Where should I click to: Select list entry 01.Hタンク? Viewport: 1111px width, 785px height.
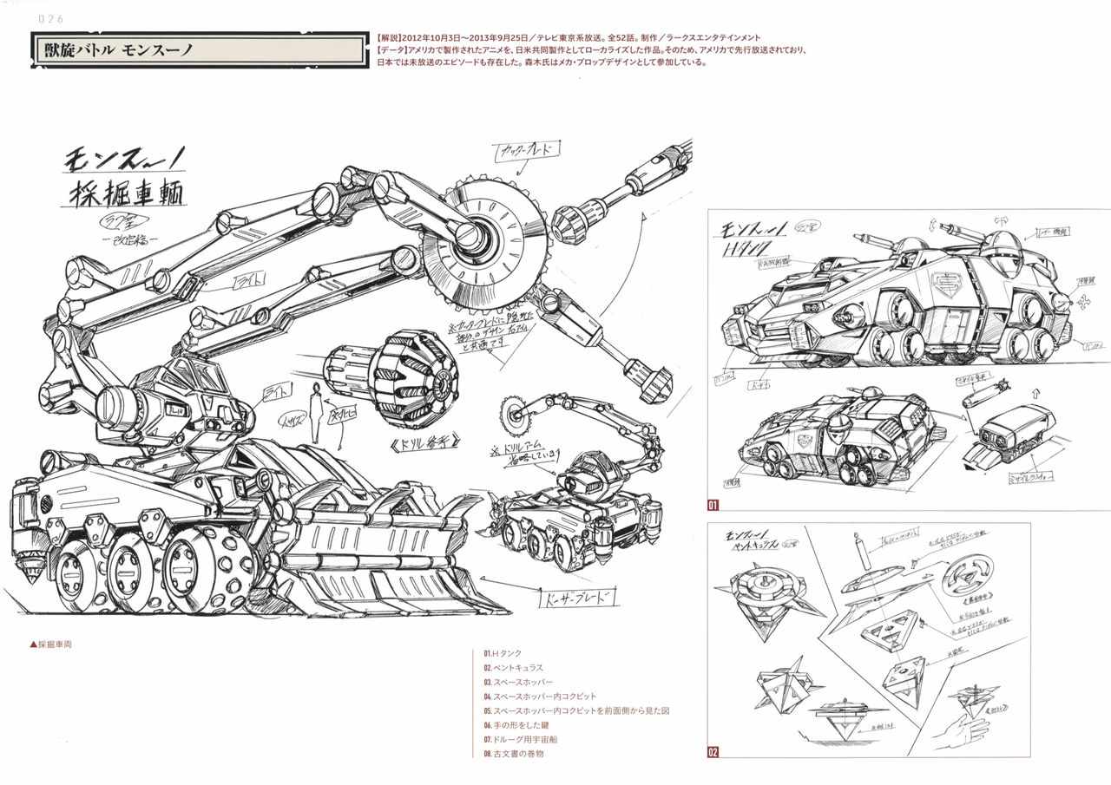click(503, 652)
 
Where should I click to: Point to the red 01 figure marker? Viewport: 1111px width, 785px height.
click(713, 504)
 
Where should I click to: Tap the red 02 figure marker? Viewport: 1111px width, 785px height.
click(713, 751)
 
